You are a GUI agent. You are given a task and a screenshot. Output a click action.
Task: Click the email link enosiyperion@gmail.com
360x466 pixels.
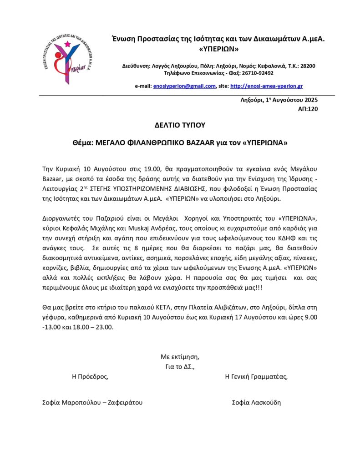click(x=184, y=86)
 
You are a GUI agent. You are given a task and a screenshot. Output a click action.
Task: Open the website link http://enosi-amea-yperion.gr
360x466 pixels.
click(x=267, y=86)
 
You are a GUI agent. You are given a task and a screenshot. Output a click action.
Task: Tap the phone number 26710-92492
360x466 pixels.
click(x=259, y=73)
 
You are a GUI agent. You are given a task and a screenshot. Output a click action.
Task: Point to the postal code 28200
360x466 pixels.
click(x=307, y=66)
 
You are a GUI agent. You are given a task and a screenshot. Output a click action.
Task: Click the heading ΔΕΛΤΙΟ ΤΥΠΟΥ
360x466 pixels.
click(x=180, y=124)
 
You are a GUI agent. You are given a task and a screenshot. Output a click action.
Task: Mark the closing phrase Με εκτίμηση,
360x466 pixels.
click(x=180, y=356)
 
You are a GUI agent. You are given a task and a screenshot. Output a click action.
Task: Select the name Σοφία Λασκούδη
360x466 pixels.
click(x=256, y=402)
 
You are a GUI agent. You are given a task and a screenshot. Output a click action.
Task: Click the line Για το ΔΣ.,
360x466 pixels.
click(x=181, y=366)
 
